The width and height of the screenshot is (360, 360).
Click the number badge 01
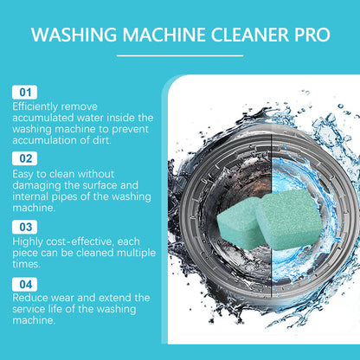coord(24,91)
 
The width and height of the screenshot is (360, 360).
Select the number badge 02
coord(24,158)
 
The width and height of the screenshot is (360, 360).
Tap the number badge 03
coord(24,226)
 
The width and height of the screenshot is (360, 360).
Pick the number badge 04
coord(24,282)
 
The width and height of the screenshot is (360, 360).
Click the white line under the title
coord(179,55)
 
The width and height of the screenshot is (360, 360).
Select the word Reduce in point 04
coord(31,297)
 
